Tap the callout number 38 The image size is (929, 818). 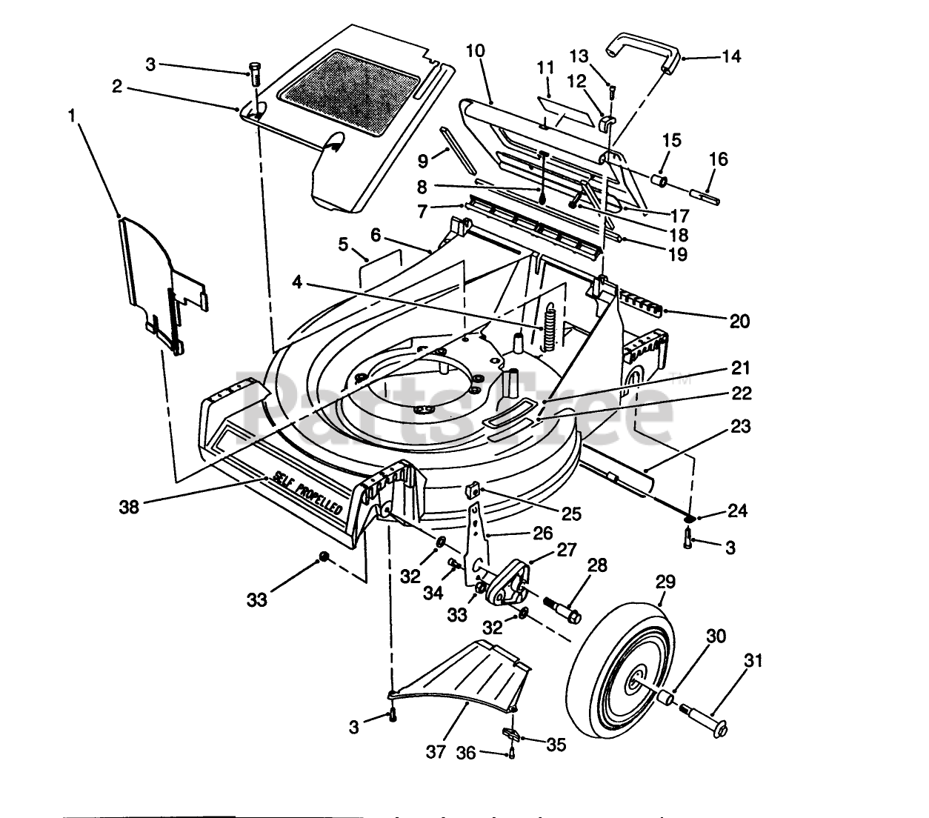click(129, 508)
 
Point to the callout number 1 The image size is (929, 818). click(72, 116)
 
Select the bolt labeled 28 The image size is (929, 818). click(563, 608)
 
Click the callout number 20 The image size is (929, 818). click(739, 321)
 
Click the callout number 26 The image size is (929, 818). click(543, 533)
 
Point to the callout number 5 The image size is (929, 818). click(342, 244)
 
